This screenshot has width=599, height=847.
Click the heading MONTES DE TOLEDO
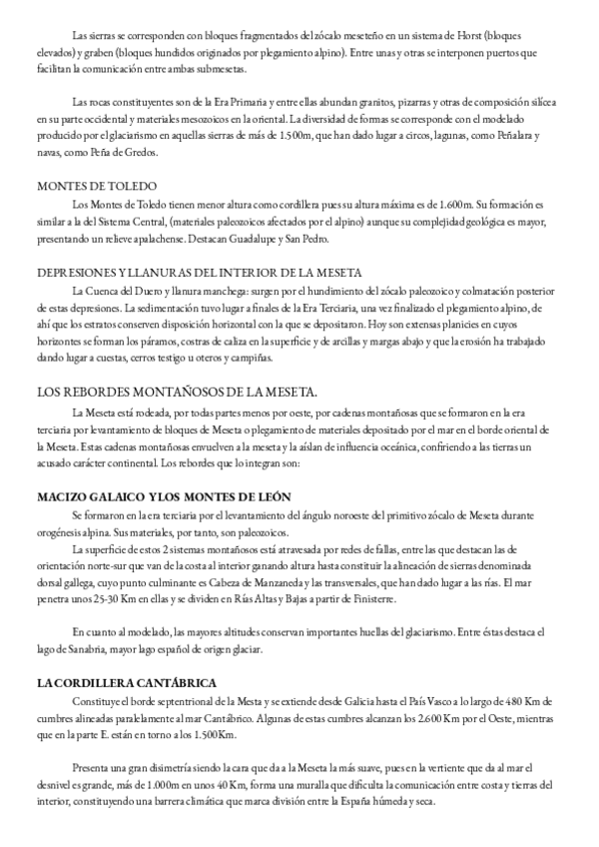click(x=85, y=185)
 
